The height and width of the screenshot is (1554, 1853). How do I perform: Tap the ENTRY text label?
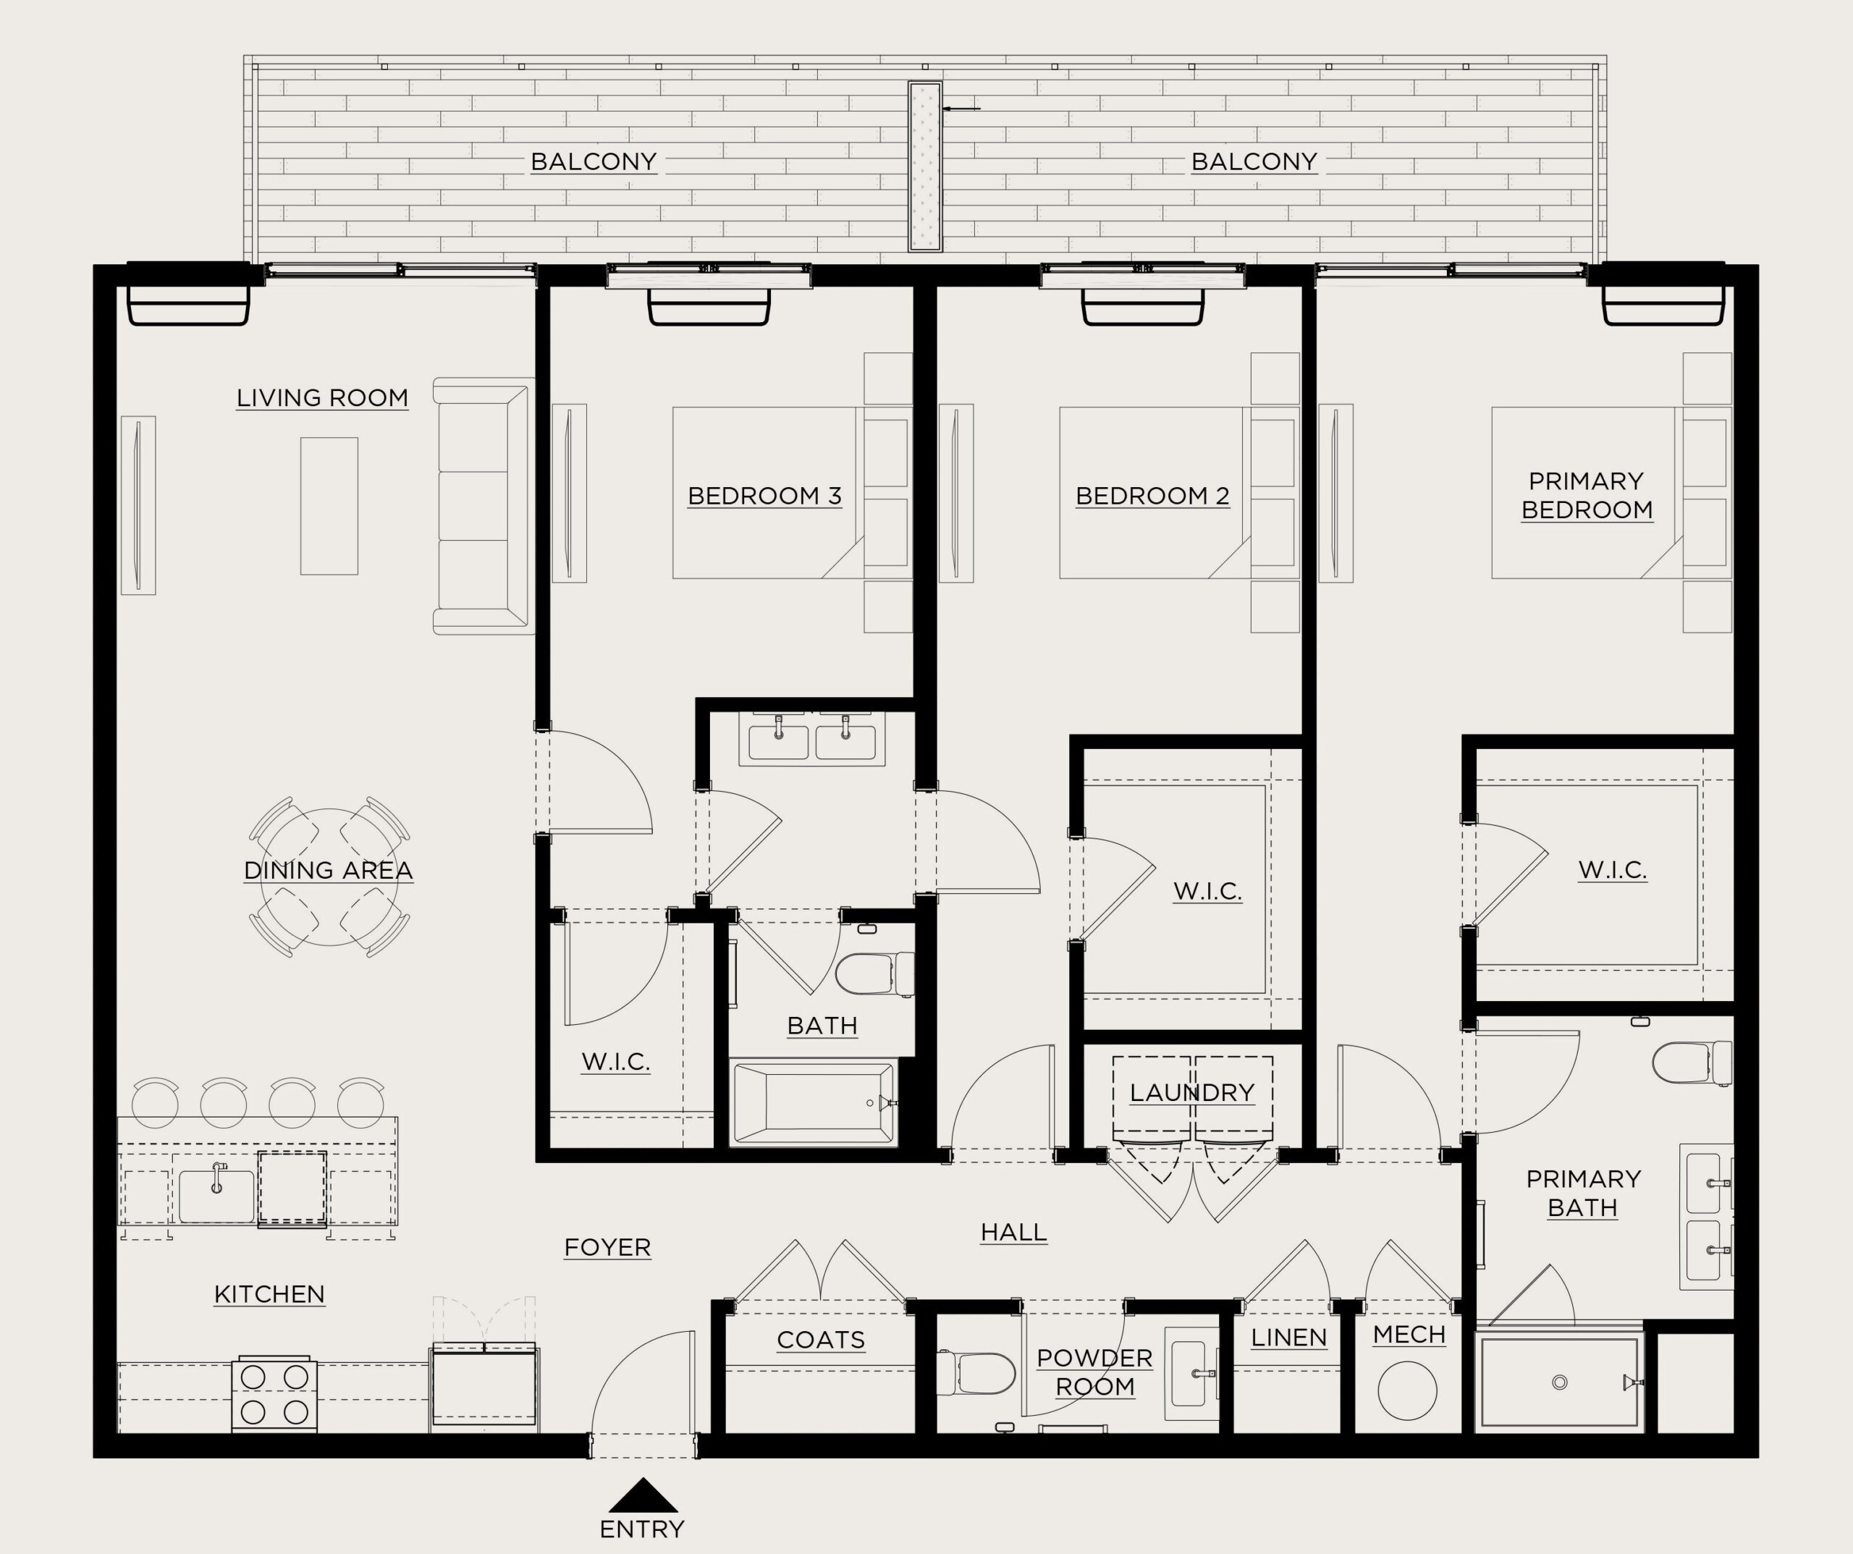click(x=641, y=1529)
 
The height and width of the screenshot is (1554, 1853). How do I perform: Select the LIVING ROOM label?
click(x=322, y=398)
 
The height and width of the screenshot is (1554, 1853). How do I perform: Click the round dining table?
click(x=329, y=877)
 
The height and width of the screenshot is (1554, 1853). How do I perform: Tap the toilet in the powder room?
click(x=975, y=1374)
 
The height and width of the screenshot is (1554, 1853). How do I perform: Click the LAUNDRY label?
click(x=1192, y=1092)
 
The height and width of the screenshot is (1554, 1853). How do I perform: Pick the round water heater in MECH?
click(x=1406, y=1390)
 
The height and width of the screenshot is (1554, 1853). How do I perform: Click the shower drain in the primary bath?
click(x=1559, y=1382)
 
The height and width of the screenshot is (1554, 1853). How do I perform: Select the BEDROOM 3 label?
click(x=764, y=496)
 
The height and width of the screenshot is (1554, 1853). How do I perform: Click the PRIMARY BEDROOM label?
click(x=1587, y=495)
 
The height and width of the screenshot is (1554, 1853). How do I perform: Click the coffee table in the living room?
click(x=329, y=507)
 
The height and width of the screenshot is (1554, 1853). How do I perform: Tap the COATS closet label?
click(x=821, y=1340)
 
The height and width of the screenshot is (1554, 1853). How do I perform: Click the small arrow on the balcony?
click(x=961, y=109)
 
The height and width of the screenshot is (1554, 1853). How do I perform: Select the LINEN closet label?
click(x=1288, y=1338)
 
